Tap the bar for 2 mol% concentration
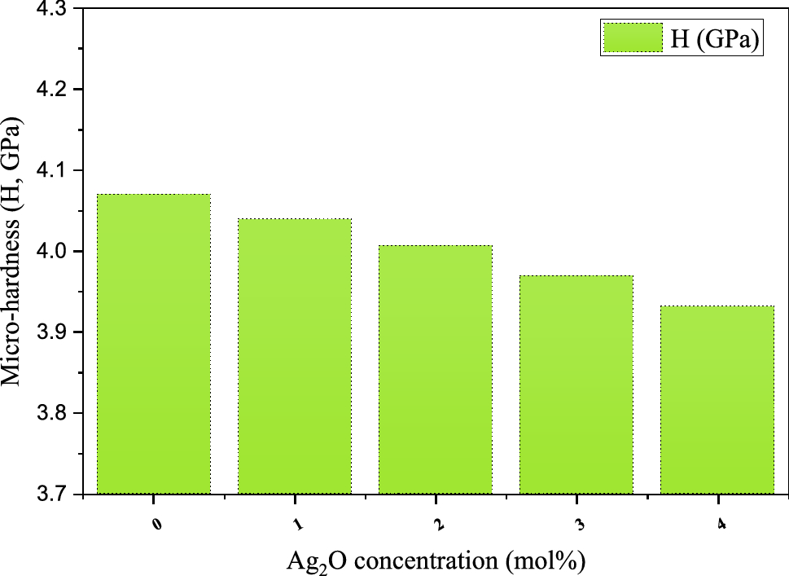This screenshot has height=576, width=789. pyautogui.click(x=436, y=370)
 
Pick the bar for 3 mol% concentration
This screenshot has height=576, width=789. pyautogui.click(x=576, y=385)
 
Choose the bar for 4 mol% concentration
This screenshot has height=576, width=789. pyautogui.click(x=717, y=400)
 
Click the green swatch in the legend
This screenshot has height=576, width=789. pyautogui.click(x=632, y=37)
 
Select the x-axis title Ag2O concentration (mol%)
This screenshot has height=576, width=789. pyautogui.click(x=436, y=561)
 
